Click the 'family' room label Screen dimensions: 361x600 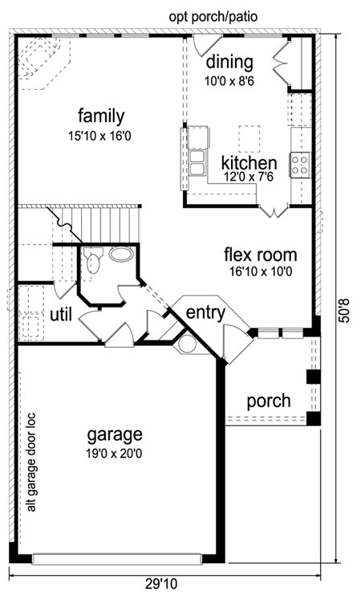point(101,116)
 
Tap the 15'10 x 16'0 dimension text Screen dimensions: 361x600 point(99,137)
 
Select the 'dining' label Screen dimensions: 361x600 point(229,62)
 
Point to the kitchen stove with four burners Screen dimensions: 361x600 point(300,165)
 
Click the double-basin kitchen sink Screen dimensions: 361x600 point(198,163)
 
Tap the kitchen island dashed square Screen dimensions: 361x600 point(249,138)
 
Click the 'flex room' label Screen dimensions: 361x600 point(260,255)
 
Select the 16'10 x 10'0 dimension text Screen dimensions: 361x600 point(261,271)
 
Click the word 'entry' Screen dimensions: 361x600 point(205,313)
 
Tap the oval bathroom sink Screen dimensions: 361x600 point(121,254)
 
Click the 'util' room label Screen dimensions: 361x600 point(61,315)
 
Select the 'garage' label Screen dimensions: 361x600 point(115,435)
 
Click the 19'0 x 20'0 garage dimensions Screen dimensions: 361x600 point(114,454)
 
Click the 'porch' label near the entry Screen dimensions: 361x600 point(269,402)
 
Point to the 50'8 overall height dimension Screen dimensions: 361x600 point(345,311)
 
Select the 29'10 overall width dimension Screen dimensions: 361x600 point(161,584)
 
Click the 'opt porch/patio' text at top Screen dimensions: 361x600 point(213,17)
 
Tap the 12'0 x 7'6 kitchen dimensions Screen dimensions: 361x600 point(249,178)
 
